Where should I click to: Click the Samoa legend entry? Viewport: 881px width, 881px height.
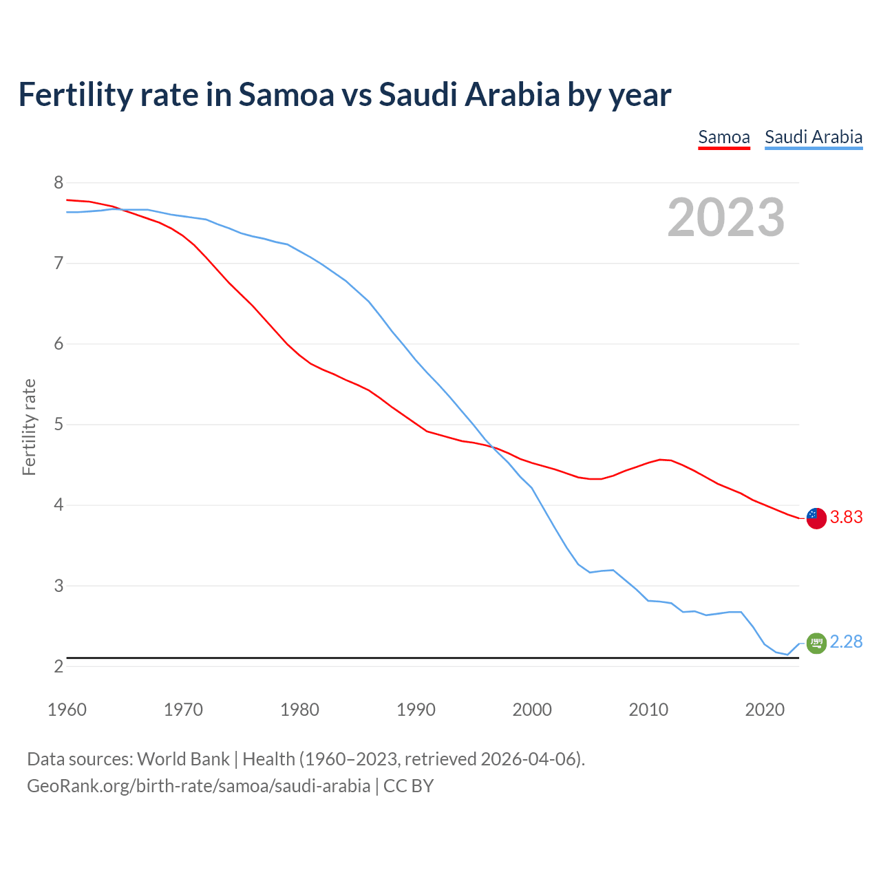[x=723, y=137]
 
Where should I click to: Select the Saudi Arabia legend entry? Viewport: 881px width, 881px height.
[x=814, y=137]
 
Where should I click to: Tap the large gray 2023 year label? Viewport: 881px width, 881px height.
[x=725, y=217]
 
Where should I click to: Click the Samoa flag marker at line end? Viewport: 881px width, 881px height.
[x=816, y=518]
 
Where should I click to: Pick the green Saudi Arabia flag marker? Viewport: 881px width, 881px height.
[x=816, y=643]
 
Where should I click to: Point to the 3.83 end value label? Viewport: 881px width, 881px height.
[x=846, y=518]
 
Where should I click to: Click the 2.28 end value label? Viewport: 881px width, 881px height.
[x=846, y=642]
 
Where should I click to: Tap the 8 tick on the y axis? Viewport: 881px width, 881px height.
[x=59, y=183]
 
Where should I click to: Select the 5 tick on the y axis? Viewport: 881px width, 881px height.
[x=59, y=425]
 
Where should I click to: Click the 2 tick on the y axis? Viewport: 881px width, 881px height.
[x=59, y=666]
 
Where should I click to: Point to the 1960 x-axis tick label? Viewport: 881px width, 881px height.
[x=67, y=710]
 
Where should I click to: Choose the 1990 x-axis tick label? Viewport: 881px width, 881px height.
[x=416, y=710]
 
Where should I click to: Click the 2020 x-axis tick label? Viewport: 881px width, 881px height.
[x=765, y=710]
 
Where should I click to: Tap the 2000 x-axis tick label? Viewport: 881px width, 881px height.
[x=532, y=710]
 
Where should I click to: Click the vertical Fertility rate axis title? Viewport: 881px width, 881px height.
[x=29, y=427]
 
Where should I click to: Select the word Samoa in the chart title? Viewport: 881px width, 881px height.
[x=286, y=95]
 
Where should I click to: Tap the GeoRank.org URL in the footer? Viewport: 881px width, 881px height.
[x=198, y=786]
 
